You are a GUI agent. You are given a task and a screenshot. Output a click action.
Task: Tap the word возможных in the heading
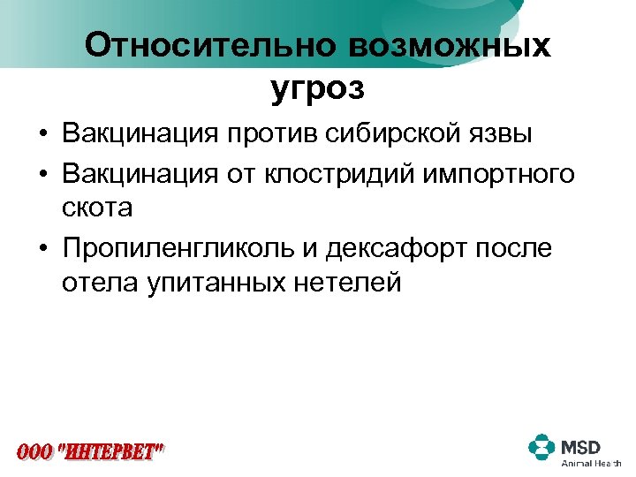tap(447, 46)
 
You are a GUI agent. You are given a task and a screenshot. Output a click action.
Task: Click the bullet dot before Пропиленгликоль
tap(43, 249)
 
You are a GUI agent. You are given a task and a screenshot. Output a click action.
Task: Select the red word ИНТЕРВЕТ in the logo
tap(111, 453)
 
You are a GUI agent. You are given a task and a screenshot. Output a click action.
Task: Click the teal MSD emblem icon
tap(542, 447)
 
